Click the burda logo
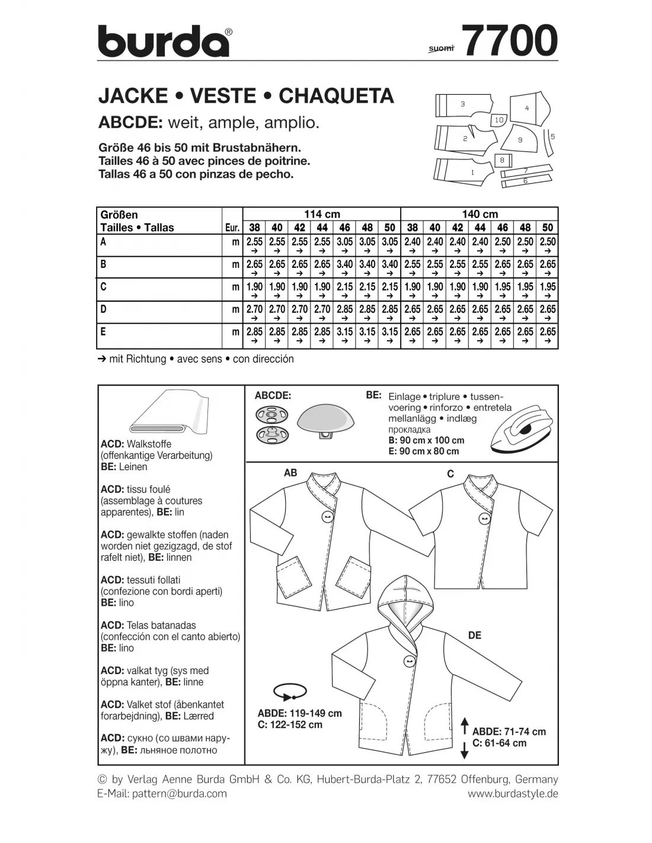[164, 41]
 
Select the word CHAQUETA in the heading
[336, 96]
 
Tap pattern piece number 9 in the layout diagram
[520, 140]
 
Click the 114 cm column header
[322, 214]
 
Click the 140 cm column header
[480, 214]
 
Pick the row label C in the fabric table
[104, 287]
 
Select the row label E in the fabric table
[104, 332]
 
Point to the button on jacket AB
[327, 517]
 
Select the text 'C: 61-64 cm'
[499, 743]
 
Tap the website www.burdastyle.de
[513, 793]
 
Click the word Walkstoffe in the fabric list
[149, 444]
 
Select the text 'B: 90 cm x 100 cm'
[426, 440]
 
